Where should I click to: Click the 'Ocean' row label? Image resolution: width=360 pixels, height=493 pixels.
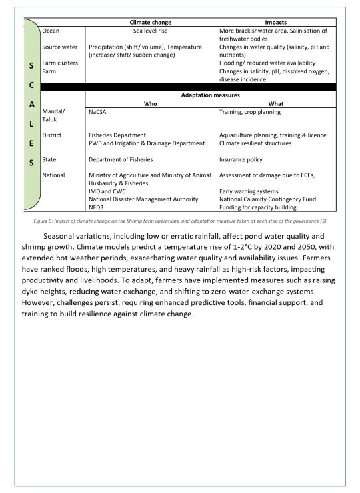[x=51, y=31]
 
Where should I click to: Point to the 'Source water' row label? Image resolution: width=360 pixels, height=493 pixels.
[x=61, y=47]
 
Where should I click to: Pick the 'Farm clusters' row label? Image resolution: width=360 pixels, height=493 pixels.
[x=60, y=63]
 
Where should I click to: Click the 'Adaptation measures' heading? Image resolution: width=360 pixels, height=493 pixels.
[x=210, y=95]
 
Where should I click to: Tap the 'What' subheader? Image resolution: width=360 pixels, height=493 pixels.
[x=275, y=104]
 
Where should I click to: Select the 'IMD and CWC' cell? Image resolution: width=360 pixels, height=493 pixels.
[x=107, y=191]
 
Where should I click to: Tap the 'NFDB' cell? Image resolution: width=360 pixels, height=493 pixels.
[x=97, y=207]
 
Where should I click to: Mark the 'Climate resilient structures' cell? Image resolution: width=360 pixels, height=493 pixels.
[x=255, y=143]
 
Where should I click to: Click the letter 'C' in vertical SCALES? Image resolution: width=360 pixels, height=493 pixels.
[x=32, y=87]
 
